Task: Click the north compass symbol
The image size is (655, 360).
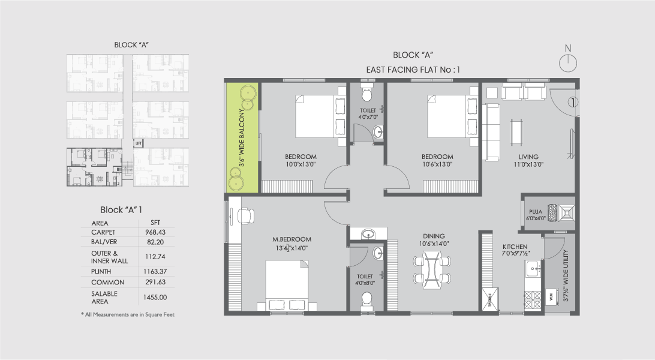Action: click(567, 61)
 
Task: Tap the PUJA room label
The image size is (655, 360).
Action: click(536, 212)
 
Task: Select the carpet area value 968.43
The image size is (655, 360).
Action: click(155, 232)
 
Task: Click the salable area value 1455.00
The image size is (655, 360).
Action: click(155, 297)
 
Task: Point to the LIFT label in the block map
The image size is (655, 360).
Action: click(138, 143)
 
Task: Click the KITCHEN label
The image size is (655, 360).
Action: click(515, 247)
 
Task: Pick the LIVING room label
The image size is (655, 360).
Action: click(528, 157)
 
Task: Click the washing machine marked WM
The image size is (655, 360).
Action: click(550, 296)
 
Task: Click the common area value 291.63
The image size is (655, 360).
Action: click(155, 282)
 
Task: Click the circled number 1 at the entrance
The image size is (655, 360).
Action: click(573, 103)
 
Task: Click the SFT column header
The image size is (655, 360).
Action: click(155, 222)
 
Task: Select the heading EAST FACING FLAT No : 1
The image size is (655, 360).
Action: click(413, 70)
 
